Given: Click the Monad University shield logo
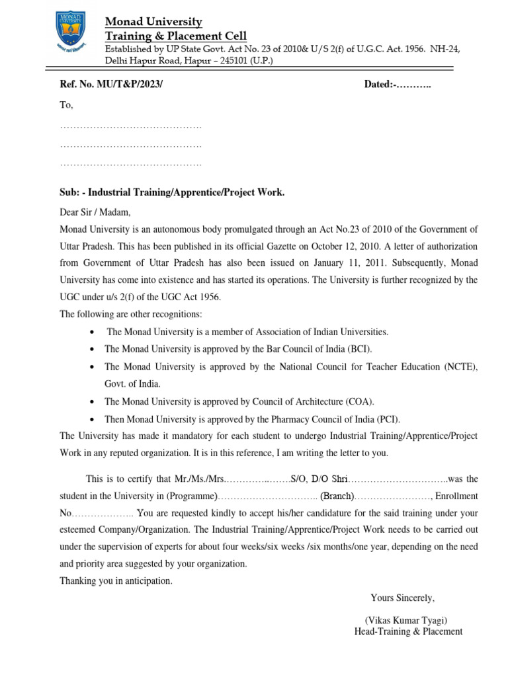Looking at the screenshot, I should click(66, 37).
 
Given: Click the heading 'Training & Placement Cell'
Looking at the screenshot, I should click(176, 35).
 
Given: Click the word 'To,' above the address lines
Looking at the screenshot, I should click(66, 105).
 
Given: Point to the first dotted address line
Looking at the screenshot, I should click(130, 126).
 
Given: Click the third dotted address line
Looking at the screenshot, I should click(130, 163).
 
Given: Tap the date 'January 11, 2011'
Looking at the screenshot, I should click(348, 263).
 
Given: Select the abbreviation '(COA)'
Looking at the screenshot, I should click(363, 401).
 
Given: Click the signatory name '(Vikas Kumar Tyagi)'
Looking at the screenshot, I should click(406, 620).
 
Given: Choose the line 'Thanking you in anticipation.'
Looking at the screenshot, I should click(116, 580).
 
